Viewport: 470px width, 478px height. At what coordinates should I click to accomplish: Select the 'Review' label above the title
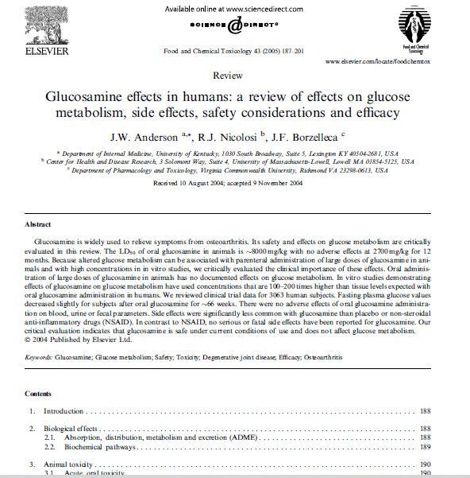(229, 76)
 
